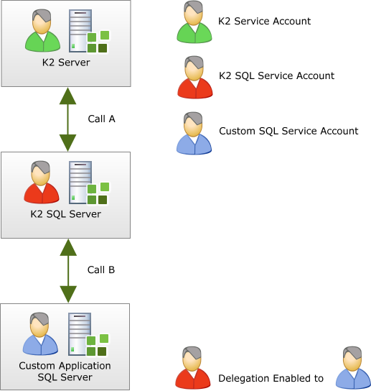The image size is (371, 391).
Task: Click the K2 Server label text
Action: coord(66,63)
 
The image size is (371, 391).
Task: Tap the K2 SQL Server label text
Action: coord(66,214)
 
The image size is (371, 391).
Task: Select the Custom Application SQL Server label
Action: coord(65,372)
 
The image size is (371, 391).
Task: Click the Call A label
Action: coord(102,119)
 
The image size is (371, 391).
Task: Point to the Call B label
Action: coord(101,270)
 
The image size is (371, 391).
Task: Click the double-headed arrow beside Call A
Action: coord(67,119)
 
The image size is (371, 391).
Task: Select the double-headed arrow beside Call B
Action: coord(68,271)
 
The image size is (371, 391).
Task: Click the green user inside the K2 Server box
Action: coord(42,30)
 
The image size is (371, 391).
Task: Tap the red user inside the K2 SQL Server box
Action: coord(42,182)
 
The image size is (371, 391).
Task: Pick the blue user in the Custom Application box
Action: coord(40,333)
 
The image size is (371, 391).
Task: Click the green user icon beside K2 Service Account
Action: coord(194,22)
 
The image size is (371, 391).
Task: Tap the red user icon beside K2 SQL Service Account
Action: coord(195,77)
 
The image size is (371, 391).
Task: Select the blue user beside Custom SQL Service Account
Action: coord(194,133)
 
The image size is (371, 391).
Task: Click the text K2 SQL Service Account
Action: coord(276,75)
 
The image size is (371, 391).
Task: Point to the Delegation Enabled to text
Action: coord(271,378)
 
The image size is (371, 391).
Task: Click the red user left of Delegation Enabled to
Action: coord(193,367)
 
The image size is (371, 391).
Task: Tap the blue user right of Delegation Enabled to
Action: coord(353,367)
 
